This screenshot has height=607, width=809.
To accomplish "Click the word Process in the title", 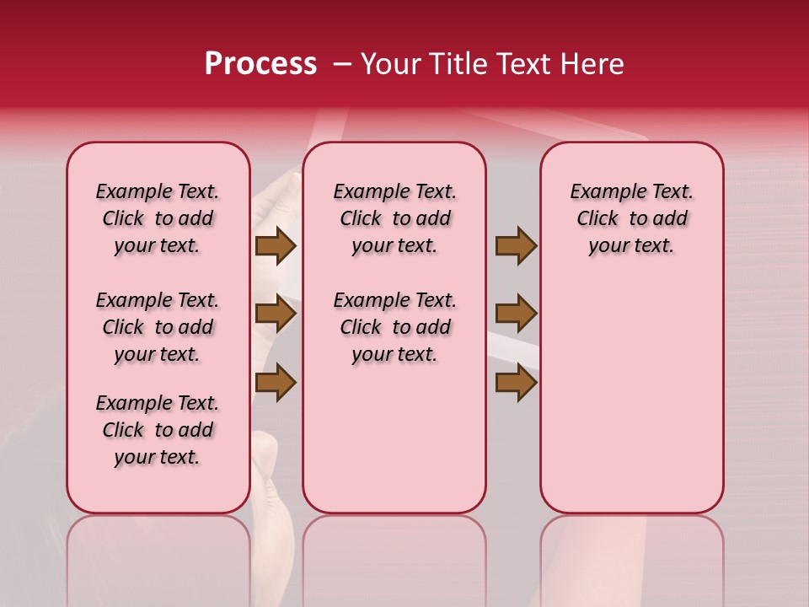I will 260,64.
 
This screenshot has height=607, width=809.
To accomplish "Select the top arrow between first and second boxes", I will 276,246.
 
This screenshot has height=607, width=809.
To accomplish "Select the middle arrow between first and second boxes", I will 276,314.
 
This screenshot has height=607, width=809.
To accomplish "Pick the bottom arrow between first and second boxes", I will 276,382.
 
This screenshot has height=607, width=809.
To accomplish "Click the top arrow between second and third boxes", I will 516,246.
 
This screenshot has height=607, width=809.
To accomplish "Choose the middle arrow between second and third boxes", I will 516,314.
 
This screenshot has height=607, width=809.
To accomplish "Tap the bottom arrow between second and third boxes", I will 516,382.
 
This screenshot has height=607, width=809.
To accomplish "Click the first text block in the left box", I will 158,218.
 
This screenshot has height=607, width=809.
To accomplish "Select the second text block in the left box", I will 158,327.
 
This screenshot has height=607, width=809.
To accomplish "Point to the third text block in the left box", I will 158,430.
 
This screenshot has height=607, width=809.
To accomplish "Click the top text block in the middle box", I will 395,218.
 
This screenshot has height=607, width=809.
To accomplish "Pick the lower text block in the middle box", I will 395,327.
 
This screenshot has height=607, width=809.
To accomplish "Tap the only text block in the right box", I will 632,218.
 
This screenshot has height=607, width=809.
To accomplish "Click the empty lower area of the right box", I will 632,396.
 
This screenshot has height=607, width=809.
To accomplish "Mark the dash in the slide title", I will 342,64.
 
